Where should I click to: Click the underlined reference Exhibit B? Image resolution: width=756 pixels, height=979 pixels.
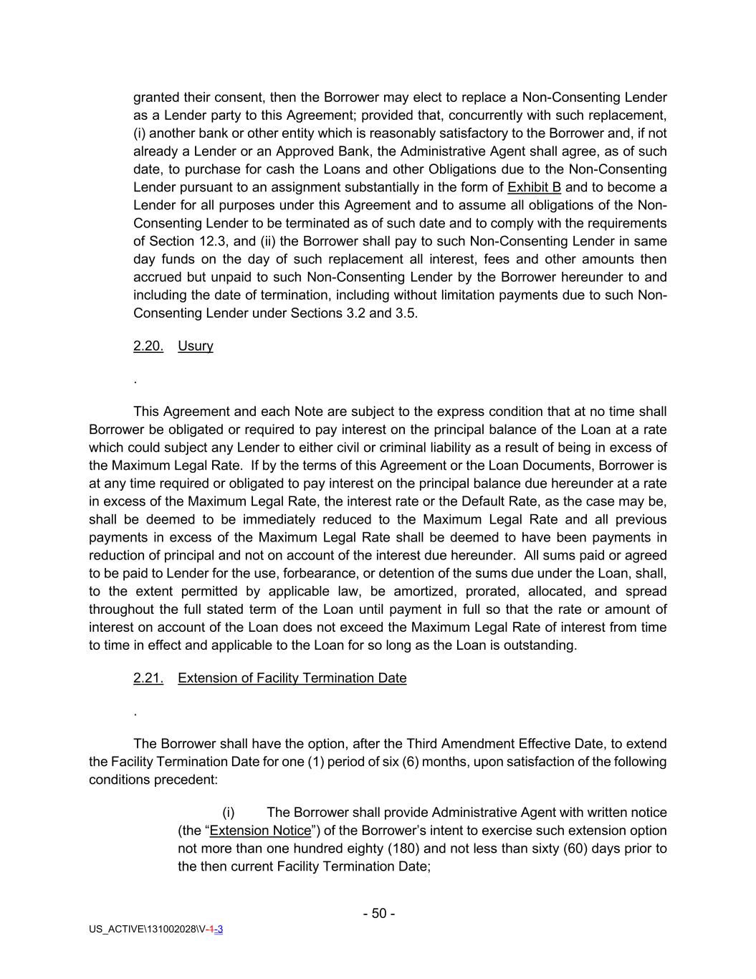[534, 187]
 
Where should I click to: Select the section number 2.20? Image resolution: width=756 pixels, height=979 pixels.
[148, 346]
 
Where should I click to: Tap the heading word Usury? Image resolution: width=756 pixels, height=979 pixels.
[195, 346]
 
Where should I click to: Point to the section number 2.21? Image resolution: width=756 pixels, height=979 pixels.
[148, 678]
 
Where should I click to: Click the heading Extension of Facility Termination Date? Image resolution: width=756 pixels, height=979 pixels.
[292, 678]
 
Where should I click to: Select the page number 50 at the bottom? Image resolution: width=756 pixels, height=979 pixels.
[379, 913]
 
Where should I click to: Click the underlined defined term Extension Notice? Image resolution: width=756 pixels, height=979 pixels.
[260, 831]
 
